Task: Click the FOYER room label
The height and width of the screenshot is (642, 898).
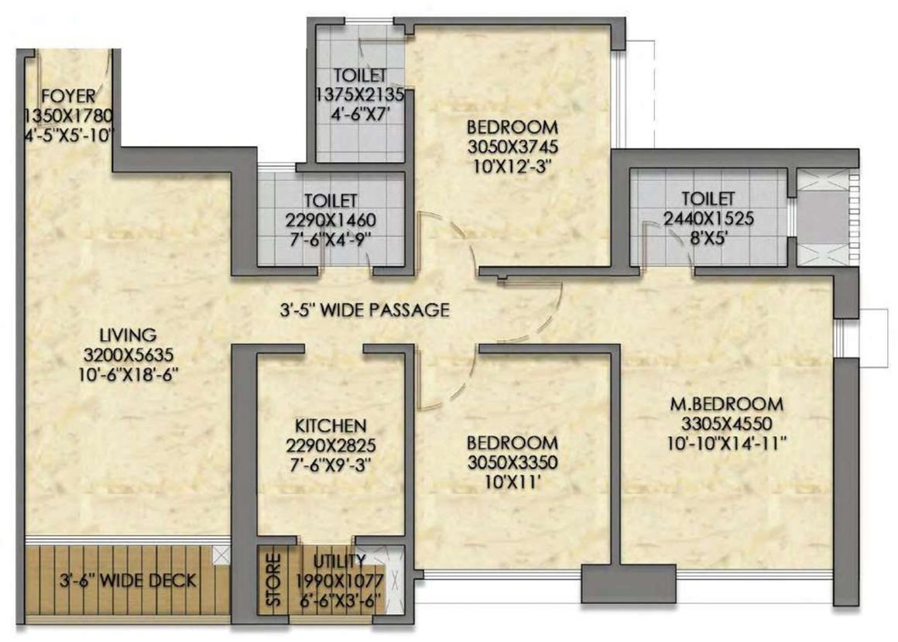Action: (x=69, y=96)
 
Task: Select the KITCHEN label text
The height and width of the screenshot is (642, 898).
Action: (x=330, y=426)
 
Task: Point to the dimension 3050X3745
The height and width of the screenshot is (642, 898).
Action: (x=512, y=146)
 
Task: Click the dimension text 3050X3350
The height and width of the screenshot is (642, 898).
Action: (x=512, y=462)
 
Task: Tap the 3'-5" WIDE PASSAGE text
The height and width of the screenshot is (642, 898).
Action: (x=365, y=311)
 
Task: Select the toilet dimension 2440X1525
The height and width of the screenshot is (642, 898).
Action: (x=708, y=218)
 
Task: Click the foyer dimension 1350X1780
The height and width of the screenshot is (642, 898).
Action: (x=69, y=116)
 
